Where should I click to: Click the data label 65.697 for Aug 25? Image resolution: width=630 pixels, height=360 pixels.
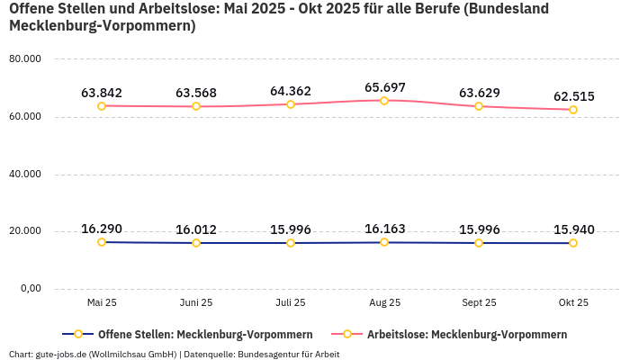pos(384,87)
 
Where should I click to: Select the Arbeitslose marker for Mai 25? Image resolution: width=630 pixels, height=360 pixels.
pos(102,106)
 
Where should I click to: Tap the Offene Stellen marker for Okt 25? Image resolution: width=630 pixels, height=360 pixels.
pos(573,243)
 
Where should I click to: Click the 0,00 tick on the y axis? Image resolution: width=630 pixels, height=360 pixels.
pos(30,289)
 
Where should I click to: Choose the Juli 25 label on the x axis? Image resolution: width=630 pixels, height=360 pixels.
pos(290,303)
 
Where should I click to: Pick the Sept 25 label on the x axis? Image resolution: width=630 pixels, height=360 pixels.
pos(479,303)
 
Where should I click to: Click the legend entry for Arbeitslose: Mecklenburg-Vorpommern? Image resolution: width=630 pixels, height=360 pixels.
pos(466,335)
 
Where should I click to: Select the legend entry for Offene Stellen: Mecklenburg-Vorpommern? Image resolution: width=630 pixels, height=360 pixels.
pos(204,335)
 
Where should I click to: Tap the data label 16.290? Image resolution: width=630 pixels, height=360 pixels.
pos(102,229)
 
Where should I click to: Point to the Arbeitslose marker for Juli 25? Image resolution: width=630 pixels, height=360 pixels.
pos(291,104)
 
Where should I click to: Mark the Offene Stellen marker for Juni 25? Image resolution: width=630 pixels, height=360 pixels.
pos(196,243)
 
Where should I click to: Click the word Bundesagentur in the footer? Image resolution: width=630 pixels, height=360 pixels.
pos(266,354)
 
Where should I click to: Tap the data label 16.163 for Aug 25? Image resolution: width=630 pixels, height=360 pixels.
pos(384,229)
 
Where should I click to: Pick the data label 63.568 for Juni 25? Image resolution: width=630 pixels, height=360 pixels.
pos(196,93)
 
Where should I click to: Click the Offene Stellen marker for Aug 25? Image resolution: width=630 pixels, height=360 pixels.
pos(384,242)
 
